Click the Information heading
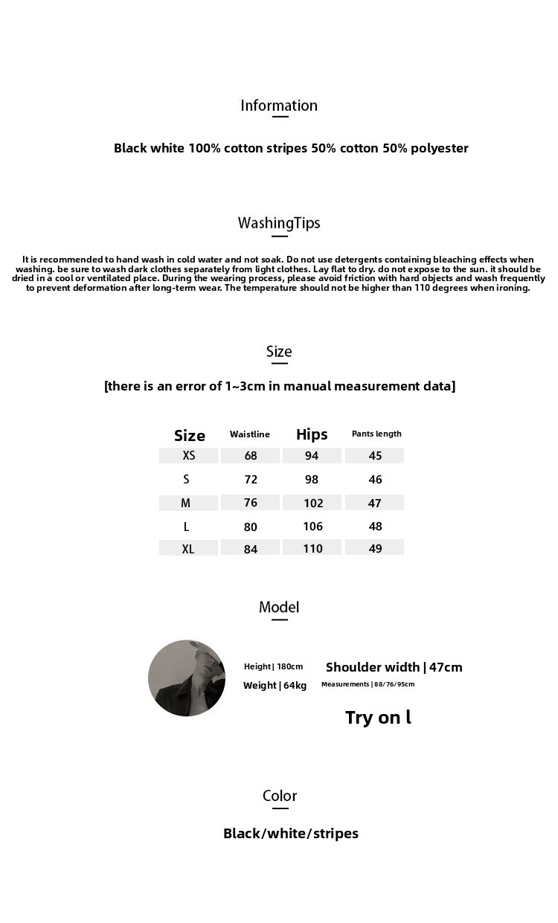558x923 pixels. tap(279, 106)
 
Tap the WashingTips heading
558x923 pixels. tap(279, 223)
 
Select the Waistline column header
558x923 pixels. tap(250, 434)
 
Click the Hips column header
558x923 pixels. tap(312, 434)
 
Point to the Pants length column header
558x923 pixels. tap(376, 434)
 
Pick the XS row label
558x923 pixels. tap(189, 455)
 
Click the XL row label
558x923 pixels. tap(188, 549)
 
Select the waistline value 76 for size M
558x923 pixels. tap(251, 503)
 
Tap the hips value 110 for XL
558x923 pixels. tap(312, 548)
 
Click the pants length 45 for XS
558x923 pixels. tap(375, 455)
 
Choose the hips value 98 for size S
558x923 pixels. tap(312, 480)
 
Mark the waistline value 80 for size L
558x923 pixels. tap(251, 527)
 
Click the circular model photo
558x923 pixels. tap(187, 678)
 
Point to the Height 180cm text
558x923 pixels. tap(273, 666)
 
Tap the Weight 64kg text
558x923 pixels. tap(275, 685)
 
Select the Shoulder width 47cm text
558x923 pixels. tap(394, 667)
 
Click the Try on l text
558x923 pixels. tap(378, 718)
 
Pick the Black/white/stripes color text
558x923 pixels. tap(291, 833)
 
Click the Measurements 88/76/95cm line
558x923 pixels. tap(368, 684)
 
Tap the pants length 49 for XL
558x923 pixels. tap(375, 548)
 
